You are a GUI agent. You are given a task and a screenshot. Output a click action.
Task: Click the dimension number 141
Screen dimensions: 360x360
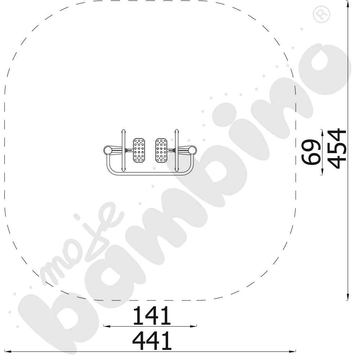[x=152, y=315]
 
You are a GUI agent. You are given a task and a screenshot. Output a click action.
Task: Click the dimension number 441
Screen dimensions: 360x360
[x=152, y=340]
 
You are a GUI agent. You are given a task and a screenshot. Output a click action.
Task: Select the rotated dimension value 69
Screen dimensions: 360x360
[x=311, y=152]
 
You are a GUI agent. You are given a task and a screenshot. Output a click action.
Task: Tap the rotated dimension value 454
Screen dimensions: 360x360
[x=337, y=149]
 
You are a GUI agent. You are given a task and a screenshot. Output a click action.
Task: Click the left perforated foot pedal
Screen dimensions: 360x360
[x=139, y=150]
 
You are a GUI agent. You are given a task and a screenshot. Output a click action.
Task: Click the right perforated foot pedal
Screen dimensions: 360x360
[x=161, y=150]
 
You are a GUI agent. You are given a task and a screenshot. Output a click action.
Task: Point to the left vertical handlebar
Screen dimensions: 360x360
[x=123, y=150]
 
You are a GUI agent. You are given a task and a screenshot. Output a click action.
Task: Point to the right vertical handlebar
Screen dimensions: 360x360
[x=176, y=150]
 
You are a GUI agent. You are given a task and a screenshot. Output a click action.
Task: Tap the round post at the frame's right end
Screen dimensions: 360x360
[x=193, y=150]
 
